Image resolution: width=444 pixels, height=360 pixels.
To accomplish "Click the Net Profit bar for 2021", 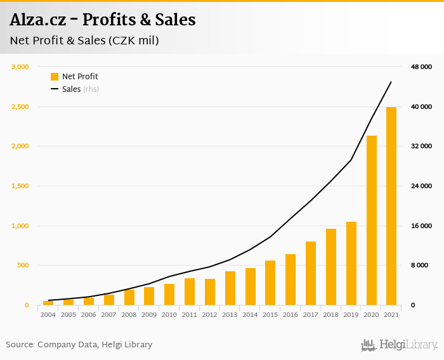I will (391, 206).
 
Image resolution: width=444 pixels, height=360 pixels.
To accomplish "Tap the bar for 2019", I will (351, 264).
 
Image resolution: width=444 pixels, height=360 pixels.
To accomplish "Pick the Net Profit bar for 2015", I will (270, 283).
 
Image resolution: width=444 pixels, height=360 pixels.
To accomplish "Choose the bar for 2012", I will (210, 292).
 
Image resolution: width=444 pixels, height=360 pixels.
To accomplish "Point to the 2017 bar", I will (311, 273).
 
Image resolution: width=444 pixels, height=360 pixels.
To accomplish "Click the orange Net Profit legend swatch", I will (55, 77).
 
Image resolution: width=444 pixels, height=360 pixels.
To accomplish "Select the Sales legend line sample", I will (55, 89).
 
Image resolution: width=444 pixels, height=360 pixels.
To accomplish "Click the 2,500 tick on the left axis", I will (20, 106).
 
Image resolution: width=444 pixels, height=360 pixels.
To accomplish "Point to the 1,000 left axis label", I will (20, 226).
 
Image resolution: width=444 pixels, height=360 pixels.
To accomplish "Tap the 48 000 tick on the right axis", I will (421, 67).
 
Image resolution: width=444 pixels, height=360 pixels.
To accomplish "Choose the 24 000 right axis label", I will (421, 186).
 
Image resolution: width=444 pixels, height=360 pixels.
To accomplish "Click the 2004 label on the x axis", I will (48, 314).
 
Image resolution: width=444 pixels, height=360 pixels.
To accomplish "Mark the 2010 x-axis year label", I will (169, 314).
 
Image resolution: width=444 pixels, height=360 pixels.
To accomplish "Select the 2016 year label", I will (291, 314).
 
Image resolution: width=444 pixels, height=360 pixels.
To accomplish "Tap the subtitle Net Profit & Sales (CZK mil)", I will (84, 41).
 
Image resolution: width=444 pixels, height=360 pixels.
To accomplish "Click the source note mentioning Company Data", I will (79, 345).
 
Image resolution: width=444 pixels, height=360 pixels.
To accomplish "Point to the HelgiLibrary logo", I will (400, 345).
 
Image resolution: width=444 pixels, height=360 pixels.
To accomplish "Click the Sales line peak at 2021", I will (391, 82).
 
